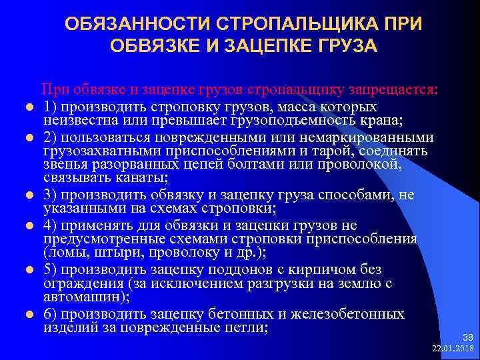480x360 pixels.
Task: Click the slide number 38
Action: (467, 338)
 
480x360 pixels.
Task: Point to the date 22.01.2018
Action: (452, 349)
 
